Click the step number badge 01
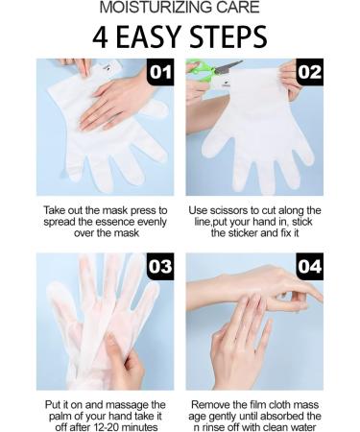[160, 72]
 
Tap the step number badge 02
[310, 72]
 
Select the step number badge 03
[160, 266]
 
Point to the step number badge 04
[310, 266]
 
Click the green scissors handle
[200, 69]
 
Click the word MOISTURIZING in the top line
[156, 8]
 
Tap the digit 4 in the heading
[100, 37]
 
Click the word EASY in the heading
[149, 37]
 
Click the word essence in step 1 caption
[115, 222]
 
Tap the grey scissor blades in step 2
[228, 66]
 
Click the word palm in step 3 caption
[60, 417]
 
